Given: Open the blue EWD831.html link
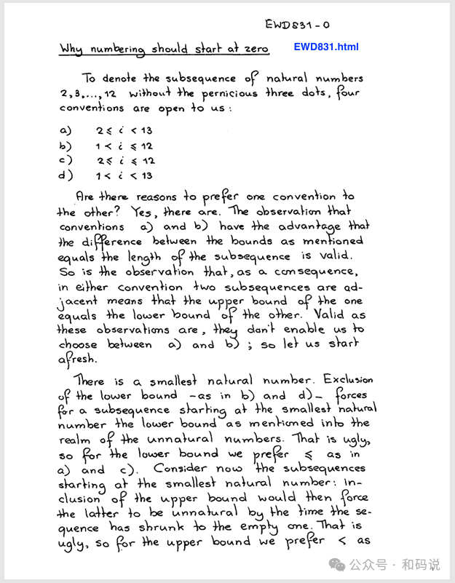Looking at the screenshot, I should point(326,47).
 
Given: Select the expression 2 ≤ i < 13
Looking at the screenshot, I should point(123,131).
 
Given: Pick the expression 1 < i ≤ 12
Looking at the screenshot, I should point(123,146).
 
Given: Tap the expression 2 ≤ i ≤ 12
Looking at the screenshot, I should point(124,160).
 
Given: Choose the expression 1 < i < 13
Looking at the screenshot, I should point(123,175).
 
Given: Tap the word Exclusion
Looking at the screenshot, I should point(348,380).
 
